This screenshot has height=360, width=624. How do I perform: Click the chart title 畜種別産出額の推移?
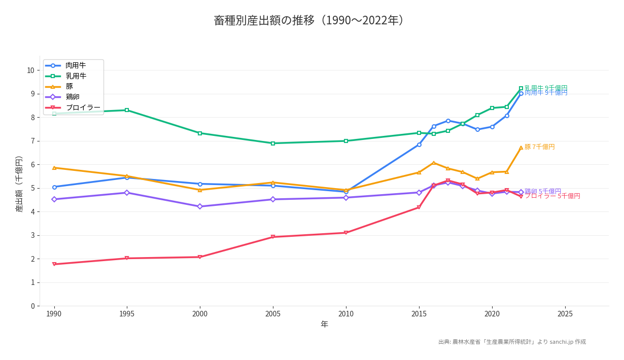309,20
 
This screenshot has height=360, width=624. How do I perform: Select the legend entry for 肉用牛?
75,65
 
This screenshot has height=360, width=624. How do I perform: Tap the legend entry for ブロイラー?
83,107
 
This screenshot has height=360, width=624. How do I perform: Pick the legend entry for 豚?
70,87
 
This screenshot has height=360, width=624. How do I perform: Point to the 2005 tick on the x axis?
273,314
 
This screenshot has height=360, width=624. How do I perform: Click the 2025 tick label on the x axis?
565,314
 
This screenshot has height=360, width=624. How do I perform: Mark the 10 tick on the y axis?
30,70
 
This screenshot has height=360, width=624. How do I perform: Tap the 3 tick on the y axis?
32,235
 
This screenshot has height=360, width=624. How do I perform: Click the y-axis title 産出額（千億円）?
19,184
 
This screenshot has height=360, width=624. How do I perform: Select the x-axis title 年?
324,325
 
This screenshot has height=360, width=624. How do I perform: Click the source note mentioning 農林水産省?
512,342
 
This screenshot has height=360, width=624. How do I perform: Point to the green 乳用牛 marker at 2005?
273,143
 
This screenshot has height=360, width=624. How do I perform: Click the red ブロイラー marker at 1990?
54,264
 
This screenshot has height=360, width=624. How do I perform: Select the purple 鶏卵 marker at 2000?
200,206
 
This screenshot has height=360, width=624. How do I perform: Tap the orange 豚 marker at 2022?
521,148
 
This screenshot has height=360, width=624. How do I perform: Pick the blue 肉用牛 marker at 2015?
419,145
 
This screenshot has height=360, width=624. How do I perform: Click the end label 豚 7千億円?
539,147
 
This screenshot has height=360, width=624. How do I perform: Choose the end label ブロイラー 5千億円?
552,196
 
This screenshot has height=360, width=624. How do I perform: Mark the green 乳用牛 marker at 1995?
127,110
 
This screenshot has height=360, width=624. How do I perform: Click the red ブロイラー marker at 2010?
346,233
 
